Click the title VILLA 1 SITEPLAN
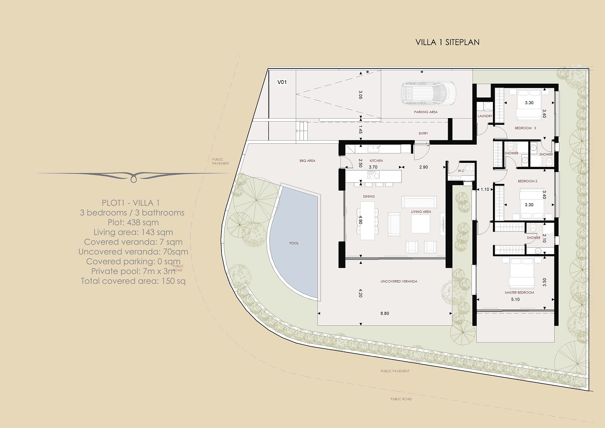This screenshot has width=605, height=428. pos(447,42)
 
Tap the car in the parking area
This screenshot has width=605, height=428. pos(428,93)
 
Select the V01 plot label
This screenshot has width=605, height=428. pos(282,82)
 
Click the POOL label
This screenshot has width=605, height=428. pos(294,243)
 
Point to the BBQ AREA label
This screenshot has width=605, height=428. pos(307,160)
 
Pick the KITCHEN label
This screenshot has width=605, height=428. pos(376,160)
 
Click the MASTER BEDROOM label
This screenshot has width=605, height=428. pos(519,292)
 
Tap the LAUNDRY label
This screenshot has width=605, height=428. pos(485,116)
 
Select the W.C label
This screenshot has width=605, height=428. pos(461,171)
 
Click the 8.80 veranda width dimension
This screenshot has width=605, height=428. pos(385,313)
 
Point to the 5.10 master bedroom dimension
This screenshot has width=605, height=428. pos(515,299)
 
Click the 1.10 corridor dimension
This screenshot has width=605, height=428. pos(485,189)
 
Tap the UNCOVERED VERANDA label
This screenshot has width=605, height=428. pos(399,281)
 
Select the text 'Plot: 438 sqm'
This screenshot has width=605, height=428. pos(133,222)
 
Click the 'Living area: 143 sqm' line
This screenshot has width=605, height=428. pos(133,232)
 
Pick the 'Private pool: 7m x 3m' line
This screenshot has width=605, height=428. pos(133,271)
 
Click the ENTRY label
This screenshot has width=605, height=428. pos(423,133)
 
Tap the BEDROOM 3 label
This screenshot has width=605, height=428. pos(525,128)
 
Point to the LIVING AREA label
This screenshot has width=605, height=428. pos(421,212)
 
